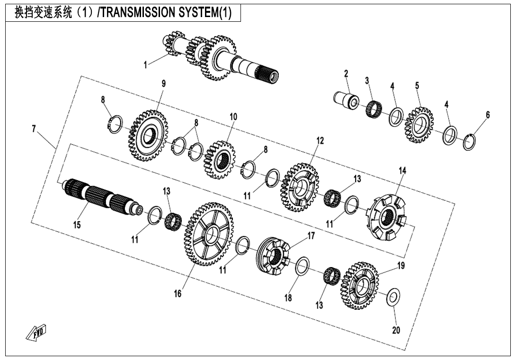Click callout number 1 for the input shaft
(x=146, y=65)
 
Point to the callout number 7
(x=34, y=128)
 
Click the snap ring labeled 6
(x=469, y=142)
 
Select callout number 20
(x=396, y=330)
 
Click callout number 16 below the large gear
(x=178, y=294)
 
